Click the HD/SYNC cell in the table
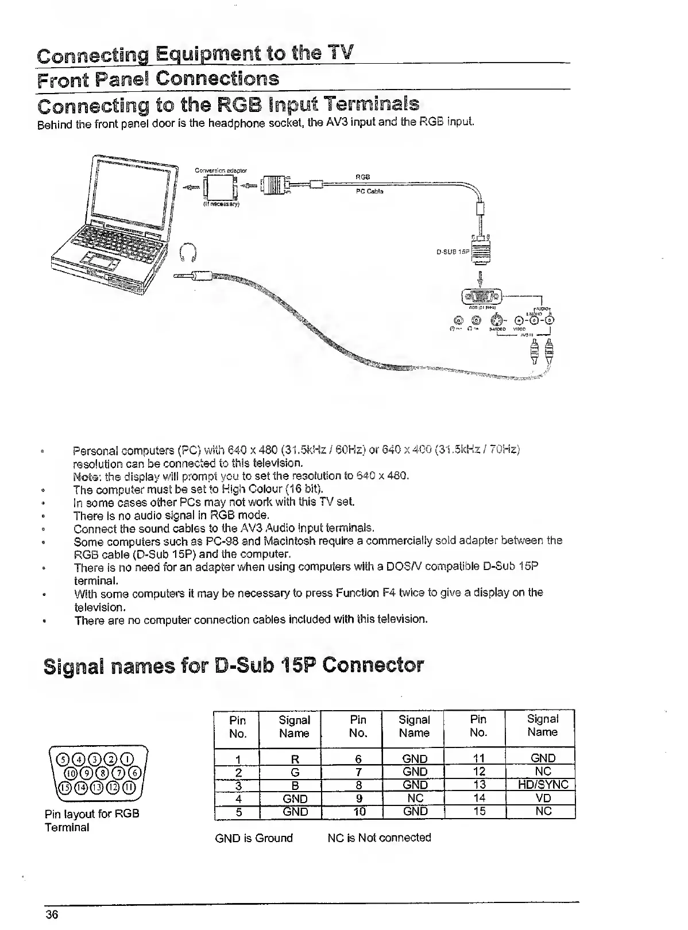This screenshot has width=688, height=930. (543, 784)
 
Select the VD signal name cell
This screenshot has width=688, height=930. (543, 797)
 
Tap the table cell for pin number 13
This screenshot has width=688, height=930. (479, 784)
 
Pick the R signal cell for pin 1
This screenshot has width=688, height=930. (295, 759)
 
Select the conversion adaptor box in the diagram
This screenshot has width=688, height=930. (221, 187)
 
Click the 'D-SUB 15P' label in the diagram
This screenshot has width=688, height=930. (453, 251)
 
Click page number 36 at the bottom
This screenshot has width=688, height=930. (52, 915)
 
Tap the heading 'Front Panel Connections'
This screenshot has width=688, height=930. (158, 79)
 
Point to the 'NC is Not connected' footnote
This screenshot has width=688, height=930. (379, 838)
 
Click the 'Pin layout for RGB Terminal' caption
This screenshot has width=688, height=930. (92, 820)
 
